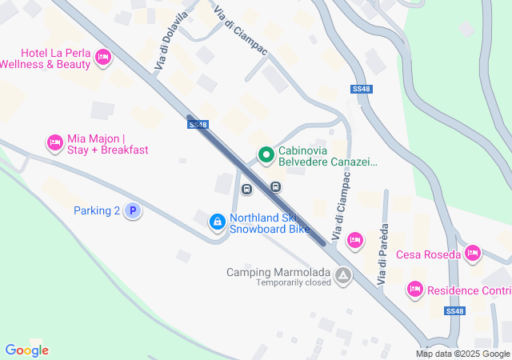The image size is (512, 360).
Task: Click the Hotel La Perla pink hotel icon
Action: click(102, 57)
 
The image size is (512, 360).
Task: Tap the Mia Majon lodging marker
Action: click(54, 142)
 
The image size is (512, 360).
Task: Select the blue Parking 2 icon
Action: click(134, 211)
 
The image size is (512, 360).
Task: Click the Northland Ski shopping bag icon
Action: click(217, 222)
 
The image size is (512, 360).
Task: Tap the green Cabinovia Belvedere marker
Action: click(265, 154)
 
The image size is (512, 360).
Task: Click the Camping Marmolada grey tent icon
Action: click(343, 276)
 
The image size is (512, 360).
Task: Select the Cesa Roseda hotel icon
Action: click(473, 254)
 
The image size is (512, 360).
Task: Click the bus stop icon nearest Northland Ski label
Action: click(247, 190)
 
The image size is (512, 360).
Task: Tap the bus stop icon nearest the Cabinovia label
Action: click(275, 186)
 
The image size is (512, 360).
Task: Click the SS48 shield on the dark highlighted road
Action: click(198, 125)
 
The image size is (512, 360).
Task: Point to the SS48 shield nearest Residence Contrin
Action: click(454, 310)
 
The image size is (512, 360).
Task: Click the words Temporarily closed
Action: click(294, 282)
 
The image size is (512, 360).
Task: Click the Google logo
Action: click(26, 350)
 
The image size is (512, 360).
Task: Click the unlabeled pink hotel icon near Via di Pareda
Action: click(355, 239)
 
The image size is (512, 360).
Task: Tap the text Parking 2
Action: click(96, 211)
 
